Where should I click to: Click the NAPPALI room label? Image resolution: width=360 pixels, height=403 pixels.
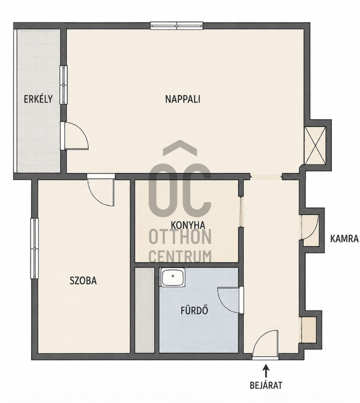pos(183,99)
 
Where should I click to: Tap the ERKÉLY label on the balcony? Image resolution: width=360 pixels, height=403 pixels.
pos(38,99)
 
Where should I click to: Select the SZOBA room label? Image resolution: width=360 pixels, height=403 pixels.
pos(83,281)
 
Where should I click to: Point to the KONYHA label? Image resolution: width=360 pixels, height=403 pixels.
pos(188,225)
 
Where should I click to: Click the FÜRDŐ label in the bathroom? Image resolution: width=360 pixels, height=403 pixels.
pos(194,311)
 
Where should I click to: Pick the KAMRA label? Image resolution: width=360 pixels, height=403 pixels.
pos(344,239)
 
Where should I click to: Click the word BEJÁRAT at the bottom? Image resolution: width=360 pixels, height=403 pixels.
pos(266,385)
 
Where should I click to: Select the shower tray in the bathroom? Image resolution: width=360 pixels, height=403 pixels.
pos(172,277)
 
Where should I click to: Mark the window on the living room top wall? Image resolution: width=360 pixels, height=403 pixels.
pos(176,26)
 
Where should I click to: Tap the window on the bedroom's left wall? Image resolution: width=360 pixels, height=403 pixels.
pos(34,248)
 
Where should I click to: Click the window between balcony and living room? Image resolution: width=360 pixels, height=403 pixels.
pos(63,85)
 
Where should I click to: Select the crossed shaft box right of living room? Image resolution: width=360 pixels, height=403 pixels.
pos(315,146)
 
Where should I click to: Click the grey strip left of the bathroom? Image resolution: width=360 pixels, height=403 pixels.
pos(145,310)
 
